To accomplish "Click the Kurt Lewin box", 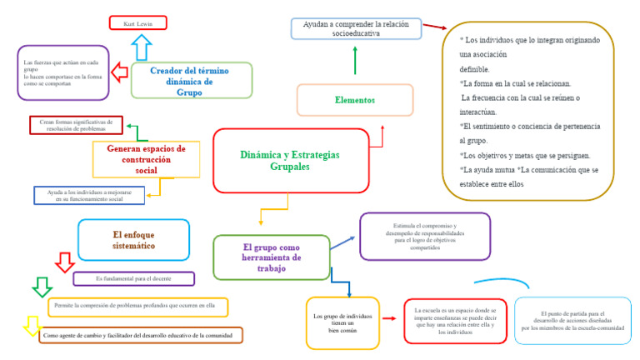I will coord(137,22).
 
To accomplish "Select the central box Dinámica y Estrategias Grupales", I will coord(290,161).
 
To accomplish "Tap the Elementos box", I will coord(355,100).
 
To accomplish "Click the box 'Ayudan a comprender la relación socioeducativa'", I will coord(356,29).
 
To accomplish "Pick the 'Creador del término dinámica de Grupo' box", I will coord(190,81).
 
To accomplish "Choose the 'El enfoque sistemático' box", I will coord(133,240).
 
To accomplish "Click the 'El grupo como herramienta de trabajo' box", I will coord(271,257).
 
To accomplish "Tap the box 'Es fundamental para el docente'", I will coord(133,278).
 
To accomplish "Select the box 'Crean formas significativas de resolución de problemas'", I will coord(75,125).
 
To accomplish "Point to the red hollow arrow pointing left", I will coord(119,72).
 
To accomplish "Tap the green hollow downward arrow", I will coord(41,287).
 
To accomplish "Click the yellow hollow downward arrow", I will coord(32,325).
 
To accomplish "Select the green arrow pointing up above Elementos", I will coord(355,60).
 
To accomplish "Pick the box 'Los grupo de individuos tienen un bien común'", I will coord(342,322).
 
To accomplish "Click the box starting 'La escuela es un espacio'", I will coord(455,321).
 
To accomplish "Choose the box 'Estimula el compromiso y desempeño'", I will coord(425,237).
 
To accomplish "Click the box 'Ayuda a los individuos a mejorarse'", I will coord(89,195).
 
